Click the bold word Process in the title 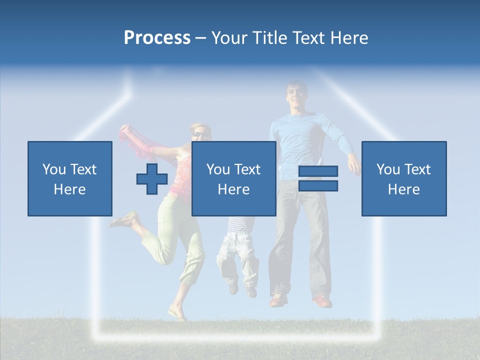[157, 38]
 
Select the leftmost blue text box [70, 178]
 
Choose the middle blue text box [233, 178]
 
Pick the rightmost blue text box [404, 178]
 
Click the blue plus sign [152, 179]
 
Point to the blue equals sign [318, 178]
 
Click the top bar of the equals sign [318, 171]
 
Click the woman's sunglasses [198, 134]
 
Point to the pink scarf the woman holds [137, 142]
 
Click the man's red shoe [322, 301]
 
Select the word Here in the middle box [233, 189]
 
